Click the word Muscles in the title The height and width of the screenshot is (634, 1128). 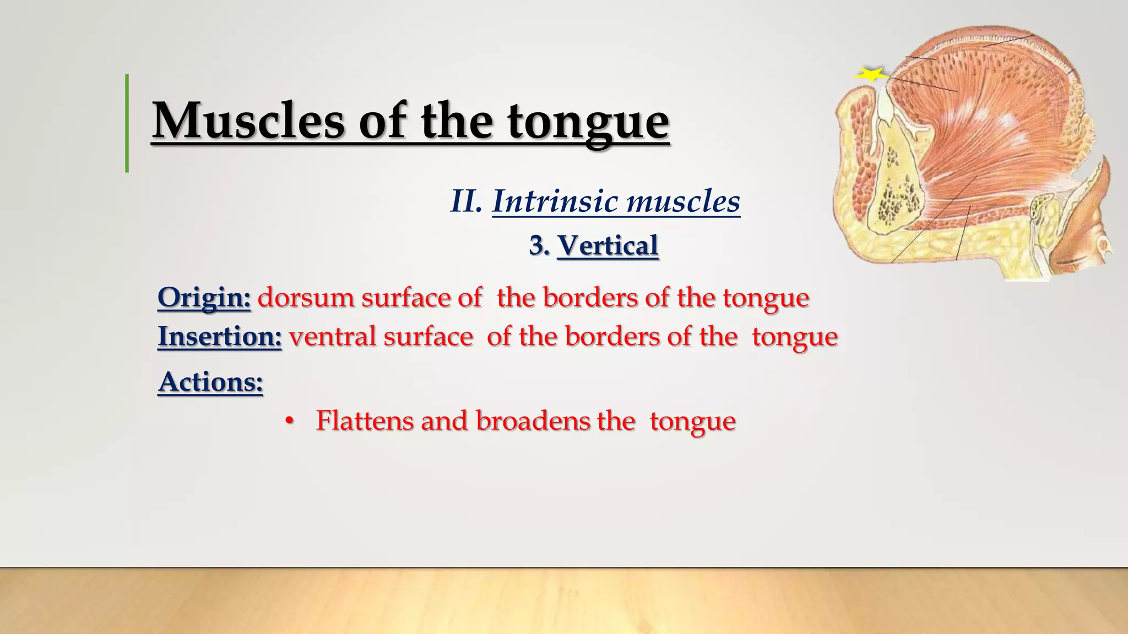(248, 121)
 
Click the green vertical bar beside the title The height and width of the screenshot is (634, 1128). (127, 123)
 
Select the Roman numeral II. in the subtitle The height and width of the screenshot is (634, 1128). (466, 201)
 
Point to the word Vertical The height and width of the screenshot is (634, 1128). (608, 245)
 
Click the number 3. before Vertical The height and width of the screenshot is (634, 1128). (539, 245)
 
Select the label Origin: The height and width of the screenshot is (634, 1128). (204, 298)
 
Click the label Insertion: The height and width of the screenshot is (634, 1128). (219, 336)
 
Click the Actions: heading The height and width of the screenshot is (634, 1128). (210, 381)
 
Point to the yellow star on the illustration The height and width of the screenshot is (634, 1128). (871, 74)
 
